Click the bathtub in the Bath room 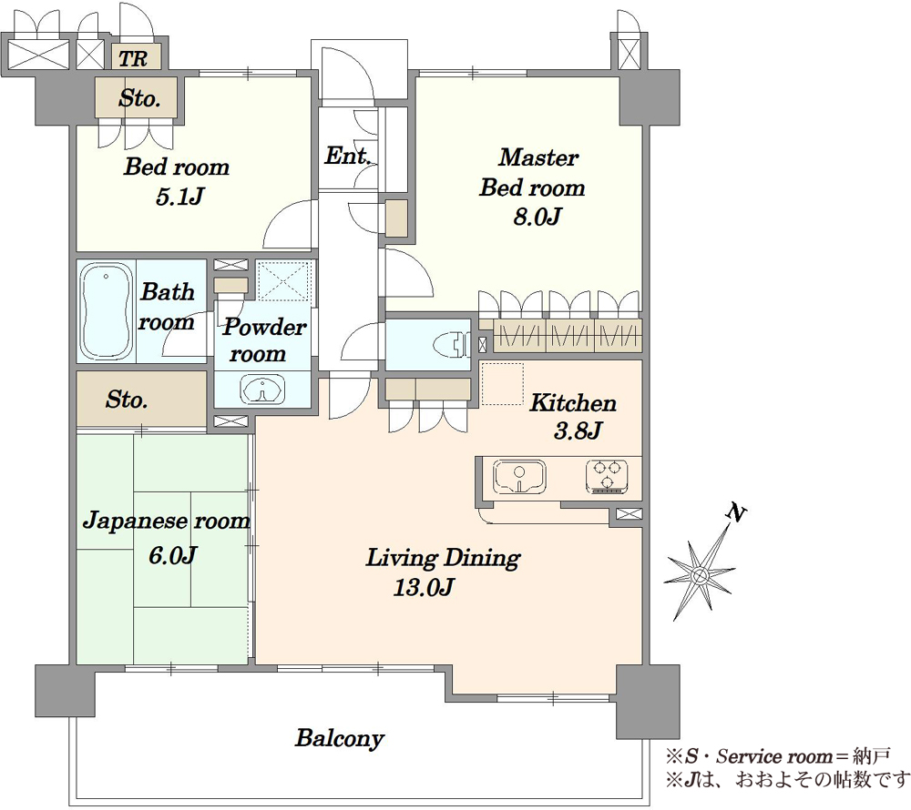tap(106, 311)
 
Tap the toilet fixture tap(452, 345)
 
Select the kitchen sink tap(519, 476)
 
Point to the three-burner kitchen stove tap(607, 476)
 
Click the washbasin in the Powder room tap(263, 390)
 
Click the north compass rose tap(700, 574)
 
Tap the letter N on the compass tap(736, 513)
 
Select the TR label tap(133, 58)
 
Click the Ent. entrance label tap(348, 156)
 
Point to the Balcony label tap(340, 738)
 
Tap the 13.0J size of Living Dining tap(424, 588)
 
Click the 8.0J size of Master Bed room tap(537, 217)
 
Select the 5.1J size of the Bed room tap(179, 197)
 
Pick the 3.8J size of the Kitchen tap(578, 431)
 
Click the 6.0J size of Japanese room tap(172, 555)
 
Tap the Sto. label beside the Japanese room tap(127, 400)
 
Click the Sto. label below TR tap(139, 98)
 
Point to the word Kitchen tap(573, 402)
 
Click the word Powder tap(264, 327)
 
